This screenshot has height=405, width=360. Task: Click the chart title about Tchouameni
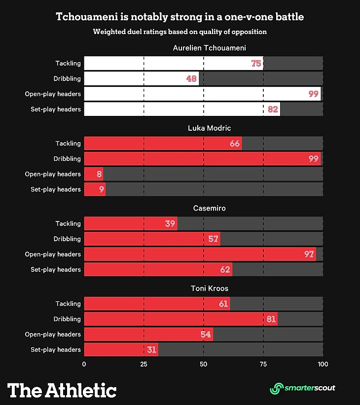180,17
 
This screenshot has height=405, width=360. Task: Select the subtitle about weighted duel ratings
180,32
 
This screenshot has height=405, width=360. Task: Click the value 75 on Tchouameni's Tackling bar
256,63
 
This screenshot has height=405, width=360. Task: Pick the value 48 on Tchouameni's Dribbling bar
192,78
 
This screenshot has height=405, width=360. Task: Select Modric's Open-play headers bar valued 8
94,174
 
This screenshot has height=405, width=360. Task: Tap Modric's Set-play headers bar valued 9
95,189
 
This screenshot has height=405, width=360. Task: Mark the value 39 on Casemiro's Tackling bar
170,223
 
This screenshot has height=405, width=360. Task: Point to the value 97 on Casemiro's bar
309,254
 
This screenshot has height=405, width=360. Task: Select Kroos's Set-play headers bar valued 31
121,350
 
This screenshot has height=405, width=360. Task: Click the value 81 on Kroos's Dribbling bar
271,319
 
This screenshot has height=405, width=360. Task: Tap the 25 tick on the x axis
144,364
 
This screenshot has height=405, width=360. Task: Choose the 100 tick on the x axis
323,364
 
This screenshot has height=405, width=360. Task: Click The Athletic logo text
62,390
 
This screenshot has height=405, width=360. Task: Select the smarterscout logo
302,388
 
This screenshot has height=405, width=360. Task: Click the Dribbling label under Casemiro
67,239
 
